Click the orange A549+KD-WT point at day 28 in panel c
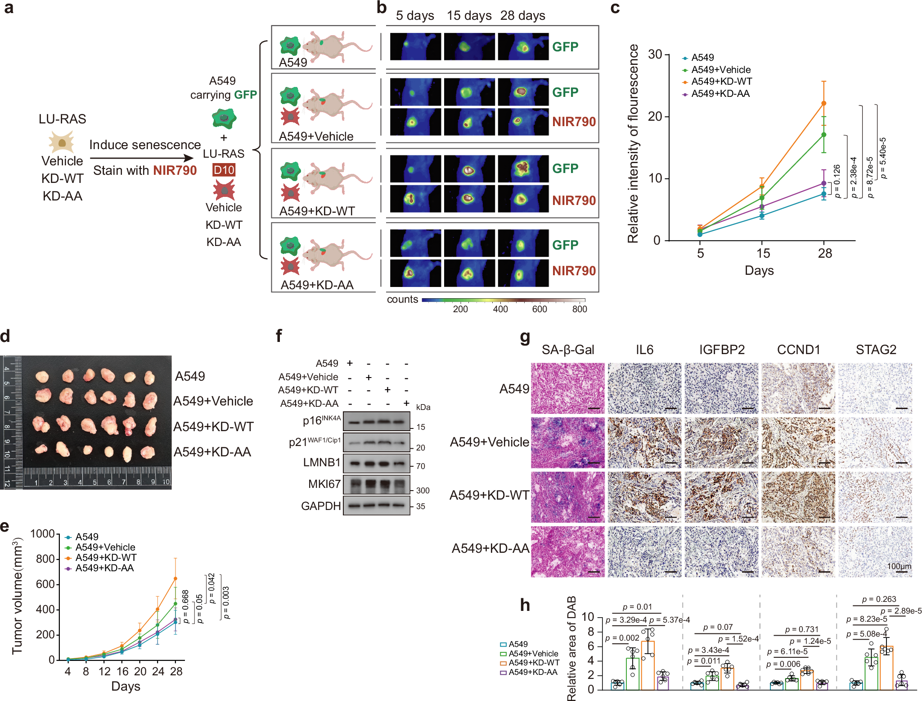824,103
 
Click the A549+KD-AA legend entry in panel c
720,94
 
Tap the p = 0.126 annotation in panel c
837,181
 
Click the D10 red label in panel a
224,170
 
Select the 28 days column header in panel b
522,16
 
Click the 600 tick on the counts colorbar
539,309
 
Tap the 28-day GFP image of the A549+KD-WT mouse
523,168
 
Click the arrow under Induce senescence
142,158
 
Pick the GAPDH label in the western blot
321,506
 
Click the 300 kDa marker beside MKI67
422,490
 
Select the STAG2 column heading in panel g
876,350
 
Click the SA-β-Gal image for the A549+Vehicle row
568,442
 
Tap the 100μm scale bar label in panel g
899,566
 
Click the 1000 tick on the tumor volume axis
42,534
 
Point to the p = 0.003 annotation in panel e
226,602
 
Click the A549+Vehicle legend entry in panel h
533,654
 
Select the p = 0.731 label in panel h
801,629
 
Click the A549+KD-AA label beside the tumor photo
212,452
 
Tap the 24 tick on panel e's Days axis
158,671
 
